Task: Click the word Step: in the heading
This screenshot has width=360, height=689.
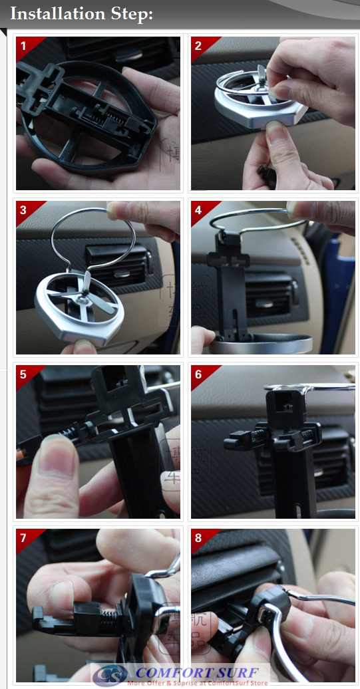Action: [129, 13]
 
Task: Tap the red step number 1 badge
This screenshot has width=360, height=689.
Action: [25, 46]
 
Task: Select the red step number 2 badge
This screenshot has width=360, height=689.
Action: [199, 46]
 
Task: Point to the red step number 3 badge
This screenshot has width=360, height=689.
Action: [25, 210]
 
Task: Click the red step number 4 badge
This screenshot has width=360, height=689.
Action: [199, 210]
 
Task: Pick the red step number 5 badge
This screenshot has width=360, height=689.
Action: [25, 374]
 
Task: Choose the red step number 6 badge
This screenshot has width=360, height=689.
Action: [199, 374]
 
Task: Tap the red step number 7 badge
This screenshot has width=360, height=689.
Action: [25, 538]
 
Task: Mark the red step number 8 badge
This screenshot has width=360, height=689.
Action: [199, 538]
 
